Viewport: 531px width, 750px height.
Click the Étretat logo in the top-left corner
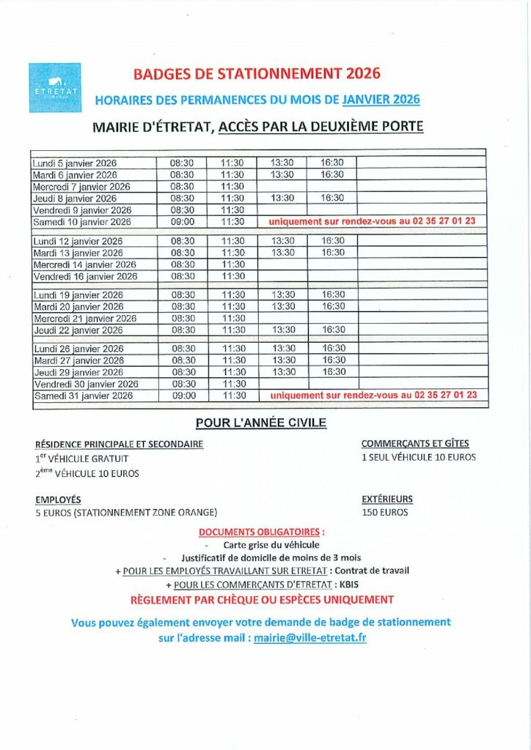coord(56,87)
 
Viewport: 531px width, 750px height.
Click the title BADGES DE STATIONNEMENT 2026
coord(257,73)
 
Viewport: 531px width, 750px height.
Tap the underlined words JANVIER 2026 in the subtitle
coord(381,100)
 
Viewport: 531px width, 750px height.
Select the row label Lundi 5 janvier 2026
coord(76,163)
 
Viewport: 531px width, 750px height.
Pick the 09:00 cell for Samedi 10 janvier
coord(182,221)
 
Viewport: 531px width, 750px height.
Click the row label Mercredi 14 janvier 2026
coord(85,264)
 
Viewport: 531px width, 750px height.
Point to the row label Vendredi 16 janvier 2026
coord(86,276)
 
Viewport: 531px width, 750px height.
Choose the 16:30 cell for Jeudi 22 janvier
coord(333,330)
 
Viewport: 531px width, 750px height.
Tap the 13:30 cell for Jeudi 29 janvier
coord(282,372)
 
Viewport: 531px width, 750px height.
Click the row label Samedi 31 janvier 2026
coord(84,396)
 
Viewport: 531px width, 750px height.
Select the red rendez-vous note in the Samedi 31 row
coord(373,395)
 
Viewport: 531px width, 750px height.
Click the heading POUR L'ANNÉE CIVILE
coord(260,423)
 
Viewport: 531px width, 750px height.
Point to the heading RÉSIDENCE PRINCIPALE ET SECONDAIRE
coord(119,444)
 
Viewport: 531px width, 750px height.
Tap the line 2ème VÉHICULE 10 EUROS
coord(87,473)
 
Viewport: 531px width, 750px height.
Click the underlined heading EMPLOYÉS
coord(58,500)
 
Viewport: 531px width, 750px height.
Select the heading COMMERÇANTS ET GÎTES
coord(415,443)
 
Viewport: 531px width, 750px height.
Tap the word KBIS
coord(348,584)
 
